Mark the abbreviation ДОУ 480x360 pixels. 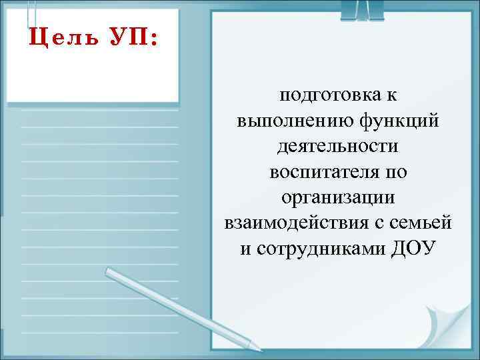coord(412,248)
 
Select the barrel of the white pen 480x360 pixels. coord(180,308)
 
